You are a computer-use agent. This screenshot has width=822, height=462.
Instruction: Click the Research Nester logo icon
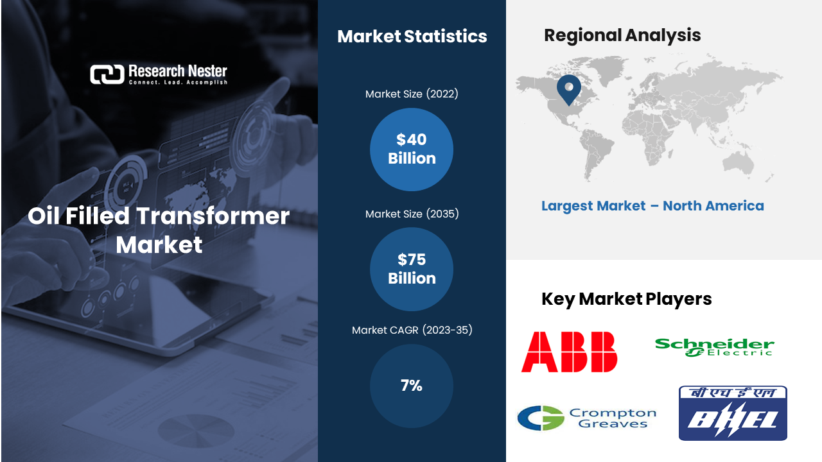pyautogui.click(x=107, y=74)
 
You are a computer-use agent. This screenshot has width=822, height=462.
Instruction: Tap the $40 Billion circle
pyautogui.click(x=412, y=150)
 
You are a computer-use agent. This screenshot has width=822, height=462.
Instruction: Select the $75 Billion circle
pyautogui.click(x=412, y=269)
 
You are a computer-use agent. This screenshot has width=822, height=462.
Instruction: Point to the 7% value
pyautogui.click(x=412, y=386)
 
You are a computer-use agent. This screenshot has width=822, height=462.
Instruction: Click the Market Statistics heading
pyautogui.click(x=412, y=37)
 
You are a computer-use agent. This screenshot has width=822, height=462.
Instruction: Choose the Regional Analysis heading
pyautogui.click(x=622, y=35)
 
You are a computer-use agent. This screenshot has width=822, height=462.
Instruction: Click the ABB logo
pyautogui.click(x=569, y=352)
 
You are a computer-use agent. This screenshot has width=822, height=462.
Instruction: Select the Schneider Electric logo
pyautogui.click(x=715, y=347)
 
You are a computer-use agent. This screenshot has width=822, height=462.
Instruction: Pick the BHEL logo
pyautogui.click(x=733, y=413)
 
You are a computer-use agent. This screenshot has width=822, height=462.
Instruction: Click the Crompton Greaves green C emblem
pyautogui.click(x=541, y=418)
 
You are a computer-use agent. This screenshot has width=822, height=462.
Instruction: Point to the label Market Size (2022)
pyautogui.click(x=412, y=94)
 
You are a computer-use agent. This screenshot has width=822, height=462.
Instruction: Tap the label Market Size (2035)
pyautogui.click(x=412, y=214)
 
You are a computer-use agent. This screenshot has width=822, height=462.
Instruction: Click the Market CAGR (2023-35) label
pyautogui.click(x=412, y=330)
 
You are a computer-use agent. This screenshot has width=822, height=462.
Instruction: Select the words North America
pyautogui.click(x=713, y=206)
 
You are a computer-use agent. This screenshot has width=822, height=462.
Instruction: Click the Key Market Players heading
pyautogui.click(x=626, y=299)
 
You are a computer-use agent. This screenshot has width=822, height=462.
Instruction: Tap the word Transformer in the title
pyautogui.click(x=213, y=216)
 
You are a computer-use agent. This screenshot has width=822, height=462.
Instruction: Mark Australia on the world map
pyautogui.click(x=739, y=164)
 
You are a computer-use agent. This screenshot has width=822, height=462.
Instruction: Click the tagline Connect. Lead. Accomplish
pyautogui.click(x=178, y=83)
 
